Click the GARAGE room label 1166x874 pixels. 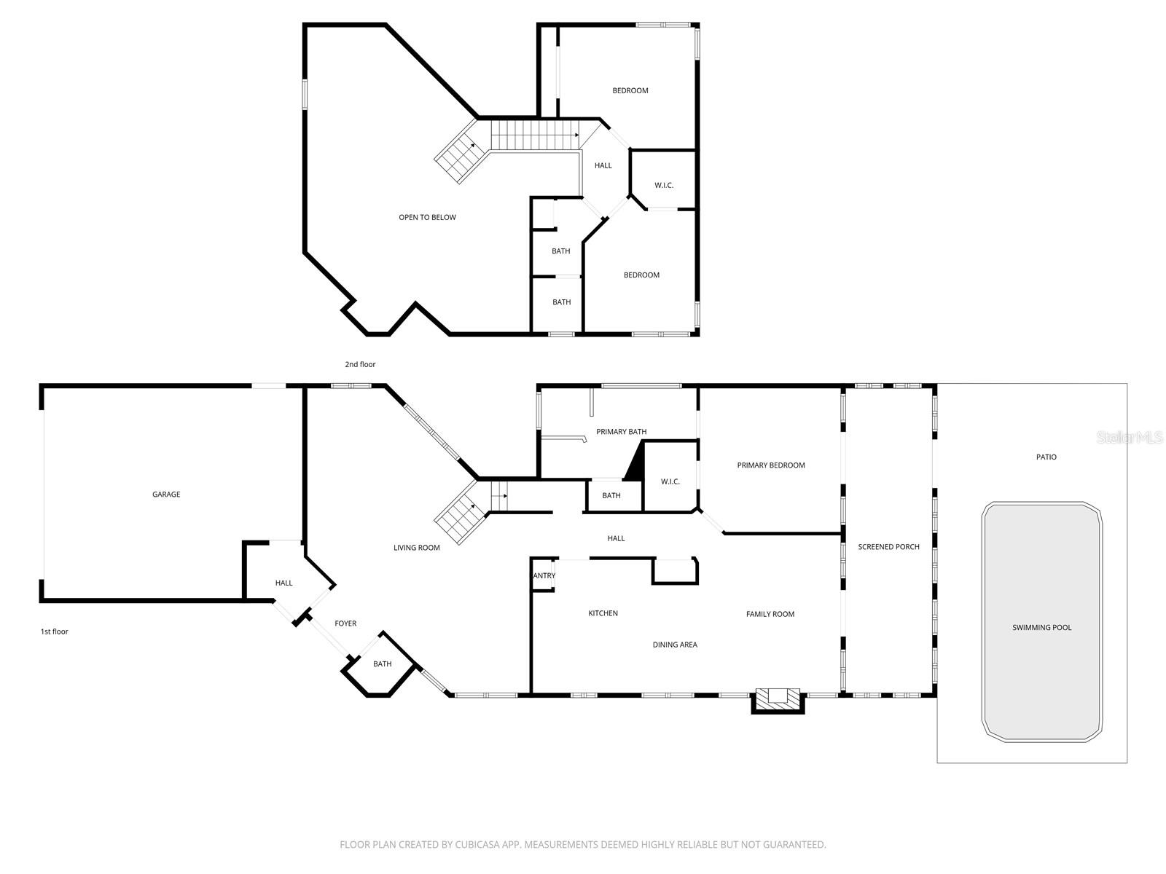coord(166,495)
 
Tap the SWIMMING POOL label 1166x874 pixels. coord(1041,628)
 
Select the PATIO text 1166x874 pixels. coord(1046,457)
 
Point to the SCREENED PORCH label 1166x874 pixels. coord(888,547)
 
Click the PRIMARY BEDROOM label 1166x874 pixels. coord(770,465)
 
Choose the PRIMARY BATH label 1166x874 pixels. coord(621,432)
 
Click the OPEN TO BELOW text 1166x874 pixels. coord(427,218)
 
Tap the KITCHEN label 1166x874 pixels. coord(603,613)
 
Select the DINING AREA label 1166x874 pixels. coord(675,645)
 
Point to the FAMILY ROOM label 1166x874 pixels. coord(770,614)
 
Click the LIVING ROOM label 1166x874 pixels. coord(416,548)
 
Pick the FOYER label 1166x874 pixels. coord(345,623)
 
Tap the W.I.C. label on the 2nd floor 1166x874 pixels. coord(663,186)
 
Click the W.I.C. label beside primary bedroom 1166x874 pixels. coord(670,481)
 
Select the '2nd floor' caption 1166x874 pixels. coord(360,364)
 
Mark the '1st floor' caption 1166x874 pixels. coord(55,631)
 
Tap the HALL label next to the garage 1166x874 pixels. coord(283,583)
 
